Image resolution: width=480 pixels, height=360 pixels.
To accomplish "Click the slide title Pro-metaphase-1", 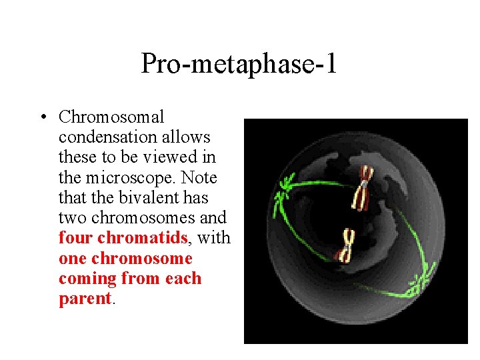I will click(239, 64).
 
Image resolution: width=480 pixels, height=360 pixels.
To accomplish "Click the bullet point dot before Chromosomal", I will click(42, 118).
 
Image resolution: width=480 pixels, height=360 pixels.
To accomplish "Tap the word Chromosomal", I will click(111, 117).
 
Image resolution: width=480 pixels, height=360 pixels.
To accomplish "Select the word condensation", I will click(106, 137).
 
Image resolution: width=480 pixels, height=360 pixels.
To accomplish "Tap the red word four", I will click(75, 238).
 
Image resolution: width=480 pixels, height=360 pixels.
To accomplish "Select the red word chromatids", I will click(142, 238).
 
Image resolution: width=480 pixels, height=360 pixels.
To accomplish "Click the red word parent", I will click(85, 299).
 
